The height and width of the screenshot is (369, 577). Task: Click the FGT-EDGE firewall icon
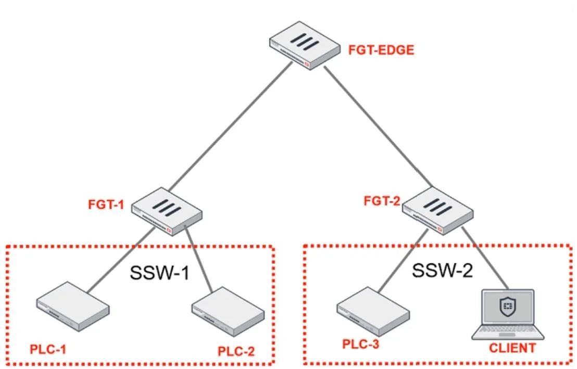tap(305, 45)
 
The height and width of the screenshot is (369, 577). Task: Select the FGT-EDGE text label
tap(381, 50)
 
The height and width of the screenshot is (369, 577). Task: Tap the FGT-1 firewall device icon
tap(167, 211)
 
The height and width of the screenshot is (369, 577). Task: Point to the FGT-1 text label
tap(106, 205)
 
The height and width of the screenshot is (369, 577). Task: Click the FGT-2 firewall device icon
tap(438, 210)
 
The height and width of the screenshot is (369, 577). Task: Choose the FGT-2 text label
tap(382, 201)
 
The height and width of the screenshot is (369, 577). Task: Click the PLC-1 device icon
tap(73, 307)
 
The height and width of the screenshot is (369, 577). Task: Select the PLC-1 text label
tap(48, 349)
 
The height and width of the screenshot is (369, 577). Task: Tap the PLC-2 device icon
tap(228, 311)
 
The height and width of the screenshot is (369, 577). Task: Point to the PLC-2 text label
tap(236, 351)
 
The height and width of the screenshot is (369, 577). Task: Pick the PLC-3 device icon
tap(373, 311)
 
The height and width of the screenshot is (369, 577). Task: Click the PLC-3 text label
tap(360, 345)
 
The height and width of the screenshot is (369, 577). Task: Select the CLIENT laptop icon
tap(508, 314)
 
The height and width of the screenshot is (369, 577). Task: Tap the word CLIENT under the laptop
tap(512, 348)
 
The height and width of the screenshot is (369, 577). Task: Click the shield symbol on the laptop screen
tap(508, 306)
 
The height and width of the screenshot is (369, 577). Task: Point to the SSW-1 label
tap(160, 273)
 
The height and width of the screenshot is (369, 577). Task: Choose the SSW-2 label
tap(442, 271)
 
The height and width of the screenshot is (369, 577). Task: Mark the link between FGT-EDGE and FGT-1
tap(231, 126)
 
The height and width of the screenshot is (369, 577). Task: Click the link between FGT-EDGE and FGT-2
tap(379, 126)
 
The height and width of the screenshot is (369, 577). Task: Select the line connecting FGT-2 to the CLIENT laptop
tap(485, 258)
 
